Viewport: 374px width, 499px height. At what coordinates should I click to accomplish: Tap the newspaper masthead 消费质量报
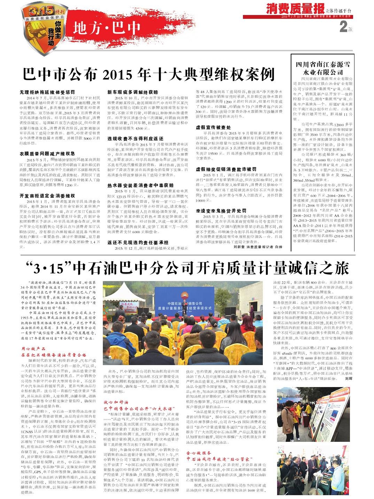coord(295,8)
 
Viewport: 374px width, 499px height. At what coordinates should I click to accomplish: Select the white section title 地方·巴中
coord(107,28)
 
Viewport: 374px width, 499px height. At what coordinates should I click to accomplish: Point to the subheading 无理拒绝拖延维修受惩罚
coord(47,92)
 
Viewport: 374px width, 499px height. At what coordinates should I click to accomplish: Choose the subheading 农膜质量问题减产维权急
coord(47,153)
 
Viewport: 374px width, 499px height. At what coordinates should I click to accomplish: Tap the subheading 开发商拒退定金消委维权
coord(47,196)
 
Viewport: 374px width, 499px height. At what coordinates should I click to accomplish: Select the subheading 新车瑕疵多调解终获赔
coord(132,92)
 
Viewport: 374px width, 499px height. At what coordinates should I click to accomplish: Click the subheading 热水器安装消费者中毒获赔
coord(140,186)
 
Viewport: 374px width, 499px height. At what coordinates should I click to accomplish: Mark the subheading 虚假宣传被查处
coord(213,127)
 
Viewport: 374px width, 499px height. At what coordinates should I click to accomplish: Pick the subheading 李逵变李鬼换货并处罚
coord(221,211)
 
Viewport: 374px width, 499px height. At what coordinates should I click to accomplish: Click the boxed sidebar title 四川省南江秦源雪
coord(323,65)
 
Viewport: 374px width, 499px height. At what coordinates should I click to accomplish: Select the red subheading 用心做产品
coord(33,348)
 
